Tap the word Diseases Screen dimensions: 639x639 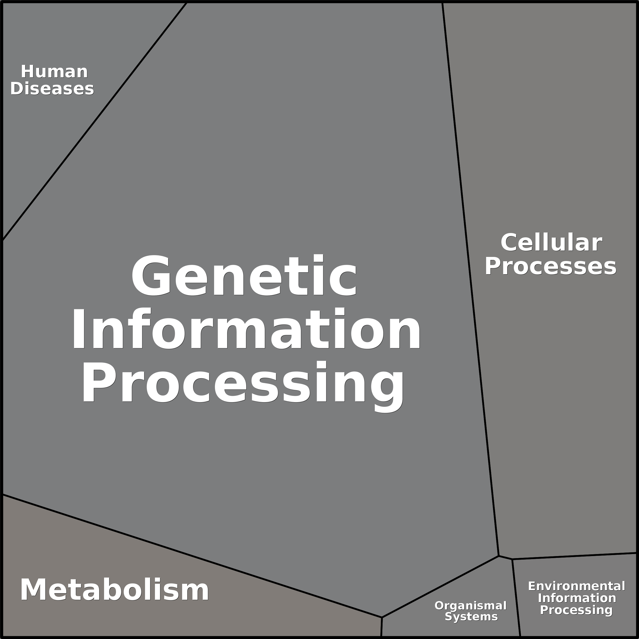tap(52, 89)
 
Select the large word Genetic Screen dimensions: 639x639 tap(244, 276)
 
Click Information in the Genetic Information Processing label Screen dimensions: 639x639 tap(246, 329)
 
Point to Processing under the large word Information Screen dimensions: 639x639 tap(242, 386)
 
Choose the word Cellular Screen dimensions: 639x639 tap(551, 242)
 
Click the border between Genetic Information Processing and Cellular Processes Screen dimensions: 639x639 tap(470, 279)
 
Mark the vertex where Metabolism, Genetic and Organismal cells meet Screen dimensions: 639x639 tap(382, 617)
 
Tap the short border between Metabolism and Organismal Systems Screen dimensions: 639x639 tap(382, 627)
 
